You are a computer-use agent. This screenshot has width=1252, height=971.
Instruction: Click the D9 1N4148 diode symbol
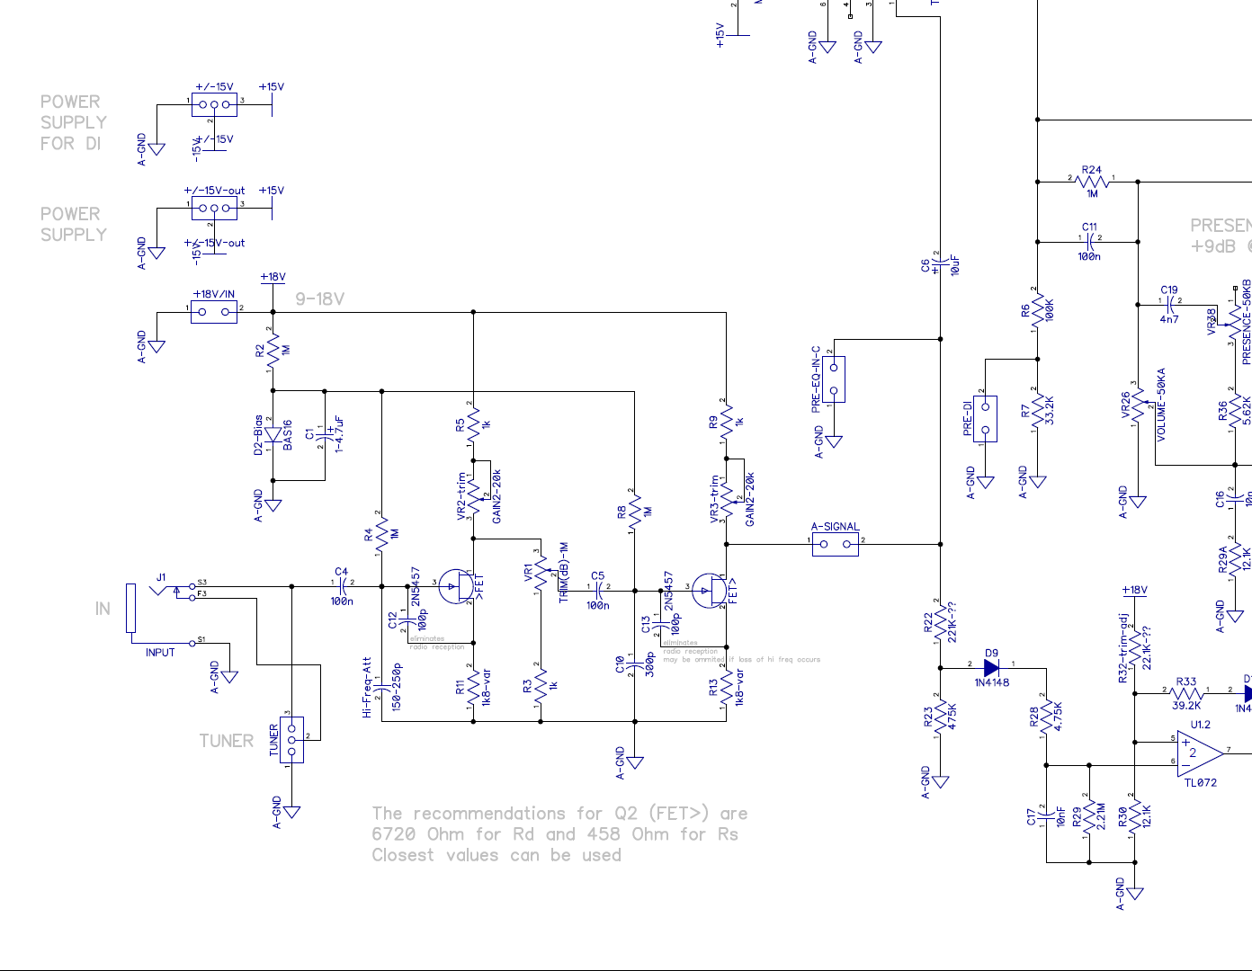coord(991,668)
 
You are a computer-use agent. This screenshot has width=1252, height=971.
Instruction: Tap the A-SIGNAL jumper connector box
coord(835,544)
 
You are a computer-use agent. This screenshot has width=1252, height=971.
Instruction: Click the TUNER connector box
coord(291,740)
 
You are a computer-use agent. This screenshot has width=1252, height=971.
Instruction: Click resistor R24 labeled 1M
coord(1092,181)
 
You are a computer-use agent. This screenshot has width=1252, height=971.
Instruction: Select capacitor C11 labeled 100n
coord(1089,242)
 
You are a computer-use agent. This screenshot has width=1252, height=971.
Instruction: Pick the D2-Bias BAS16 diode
coord(273,436)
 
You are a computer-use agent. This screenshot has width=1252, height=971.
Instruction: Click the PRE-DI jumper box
coord(985,419)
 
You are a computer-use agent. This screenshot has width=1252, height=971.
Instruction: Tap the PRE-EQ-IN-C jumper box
coord(834,379)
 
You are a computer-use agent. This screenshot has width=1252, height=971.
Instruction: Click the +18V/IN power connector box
coord(214,312)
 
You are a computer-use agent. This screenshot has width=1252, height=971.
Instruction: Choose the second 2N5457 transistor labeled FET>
coord(710,590)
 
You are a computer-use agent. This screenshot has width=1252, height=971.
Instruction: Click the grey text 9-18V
coord(319,299)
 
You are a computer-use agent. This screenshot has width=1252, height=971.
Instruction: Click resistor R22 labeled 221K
coord(940,621)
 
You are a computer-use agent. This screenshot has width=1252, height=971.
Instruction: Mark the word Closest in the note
coord(402,855)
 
